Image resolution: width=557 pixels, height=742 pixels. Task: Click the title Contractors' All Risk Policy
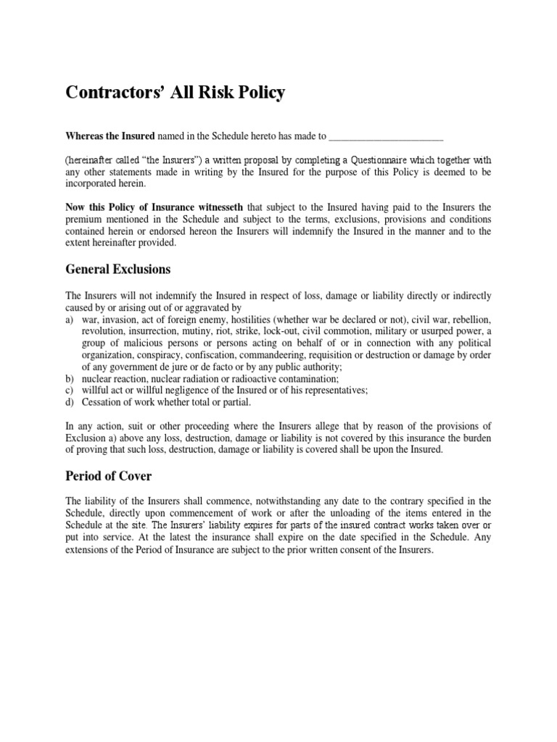pos(176,93)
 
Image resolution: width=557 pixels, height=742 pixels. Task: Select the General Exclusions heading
pos(118,270)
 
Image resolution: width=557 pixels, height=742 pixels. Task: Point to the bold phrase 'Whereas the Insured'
pos(110,136)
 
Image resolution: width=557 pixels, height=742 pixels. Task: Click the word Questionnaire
pos(394,160)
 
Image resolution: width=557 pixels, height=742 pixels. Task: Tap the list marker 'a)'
pos(70,320)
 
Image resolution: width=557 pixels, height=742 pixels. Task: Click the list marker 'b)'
pos(70,379)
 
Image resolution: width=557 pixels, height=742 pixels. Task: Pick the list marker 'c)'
pos(70,391)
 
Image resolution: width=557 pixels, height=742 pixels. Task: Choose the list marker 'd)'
pos(70,402)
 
